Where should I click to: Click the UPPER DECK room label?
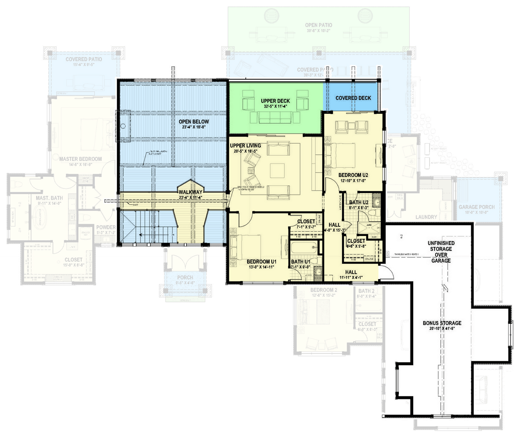pyautogui.click(x=275, y=101)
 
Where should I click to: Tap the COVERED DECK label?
pyautogui.click(x=353, y=98)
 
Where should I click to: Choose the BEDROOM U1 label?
pyautogui.click(x=261, y=261)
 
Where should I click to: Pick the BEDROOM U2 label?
pyautogui.click(x=353, y=175)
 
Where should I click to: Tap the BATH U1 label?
pyautogui.click(x=301, y=261)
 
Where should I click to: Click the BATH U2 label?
pyautogui.click(x=358, y=202)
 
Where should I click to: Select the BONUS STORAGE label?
pyautogui.click(x=442, y=323)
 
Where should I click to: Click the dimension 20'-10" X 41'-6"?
pyautogui.click(x=442, y=328)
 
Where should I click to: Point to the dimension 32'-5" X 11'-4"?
pyautogui.click(x=275, y=107)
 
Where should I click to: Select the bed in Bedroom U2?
pyautogui.click(x=341, y=154)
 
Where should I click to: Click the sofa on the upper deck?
pyautogui.click(x=275, y=116)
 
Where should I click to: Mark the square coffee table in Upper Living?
pyautogui.click(x=277, y=171)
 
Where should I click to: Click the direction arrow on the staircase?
pyautogui.click(x=144, y=235)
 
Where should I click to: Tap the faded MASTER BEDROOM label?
pyautogui.click(x=80, y=159)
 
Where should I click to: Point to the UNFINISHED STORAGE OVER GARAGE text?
pyautogui.click(x=441, y=252)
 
